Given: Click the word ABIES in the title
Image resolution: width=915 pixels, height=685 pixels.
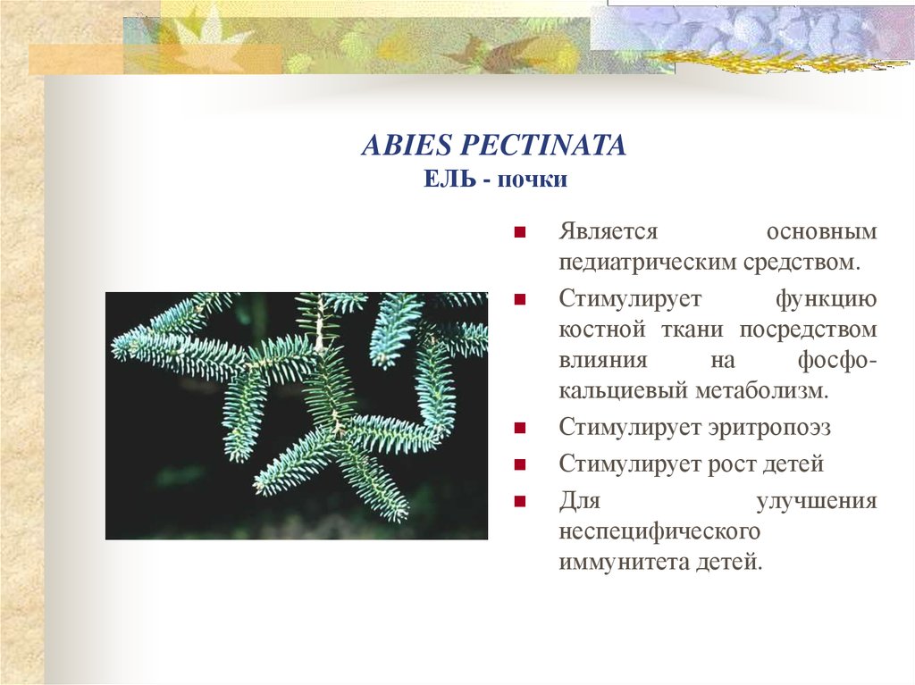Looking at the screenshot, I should tap(395, 146).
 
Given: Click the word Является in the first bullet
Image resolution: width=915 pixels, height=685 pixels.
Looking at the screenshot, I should tap(609, 231).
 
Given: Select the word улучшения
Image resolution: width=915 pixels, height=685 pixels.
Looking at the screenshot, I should tap(816, 501).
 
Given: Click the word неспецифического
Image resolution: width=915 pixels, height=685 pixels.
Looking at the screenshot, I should tap(659, 532).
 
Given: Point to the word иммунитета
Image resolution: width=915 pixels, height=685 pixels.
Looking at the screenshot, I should tap(621, 564).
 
